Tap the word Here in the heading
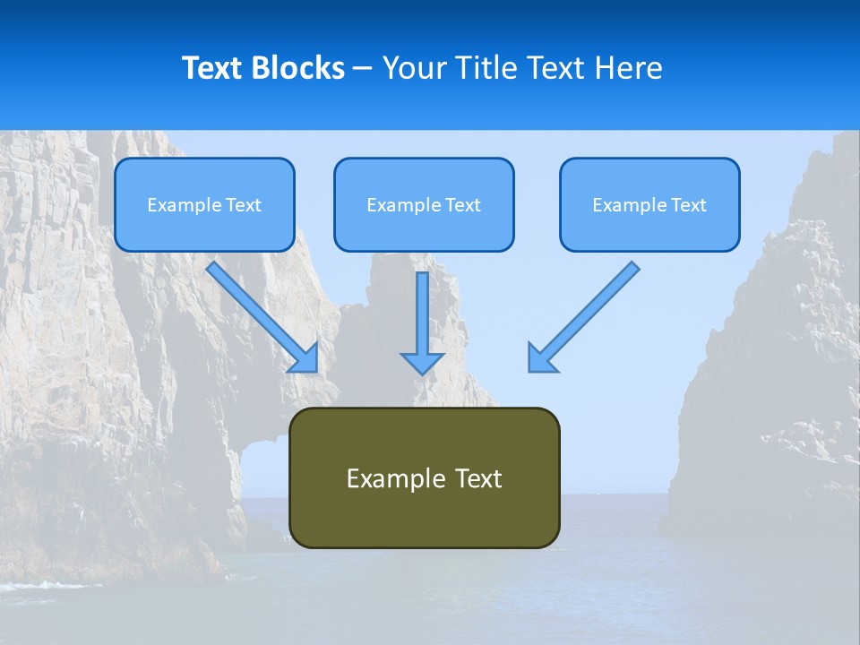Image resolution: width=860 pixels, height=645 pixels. coord(631,68)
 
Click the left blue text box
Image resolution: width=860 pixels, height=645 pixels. coord(204,204)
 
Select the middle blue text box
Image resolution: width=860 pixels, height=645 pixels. coord(424,204)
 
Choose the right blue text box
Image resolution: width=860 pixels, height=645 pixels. coord(649,204)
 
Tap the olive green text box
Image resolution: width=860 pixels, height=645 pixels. coord(424,477)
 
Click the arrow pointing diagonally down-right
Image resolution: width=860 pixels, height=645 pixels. coord(260,314)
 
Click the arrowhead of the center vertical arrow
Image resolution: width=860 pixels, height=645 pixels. coord(422,362)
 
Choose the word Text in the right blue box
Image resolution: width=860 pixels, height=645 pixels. coord(688,205)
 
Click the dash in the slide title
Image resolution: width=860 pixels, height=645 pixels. coord(363,69)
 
